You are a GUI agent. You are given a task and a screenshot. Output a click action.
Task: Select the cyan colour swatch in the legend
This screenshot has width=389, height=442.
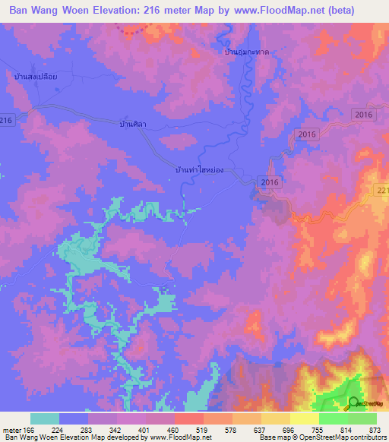click(45, 418)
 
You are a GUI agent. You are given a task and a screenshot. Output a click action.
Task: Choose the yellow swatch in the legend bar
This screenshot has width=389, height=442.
click(305, 418)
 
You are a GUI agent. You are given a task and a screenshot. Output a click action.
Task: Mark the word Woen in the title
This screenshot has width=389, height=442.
click(82, 12)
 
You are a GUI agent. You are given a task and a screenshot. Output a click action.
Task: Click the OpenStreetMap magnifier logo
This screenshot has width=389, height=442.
click(353, 403)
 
